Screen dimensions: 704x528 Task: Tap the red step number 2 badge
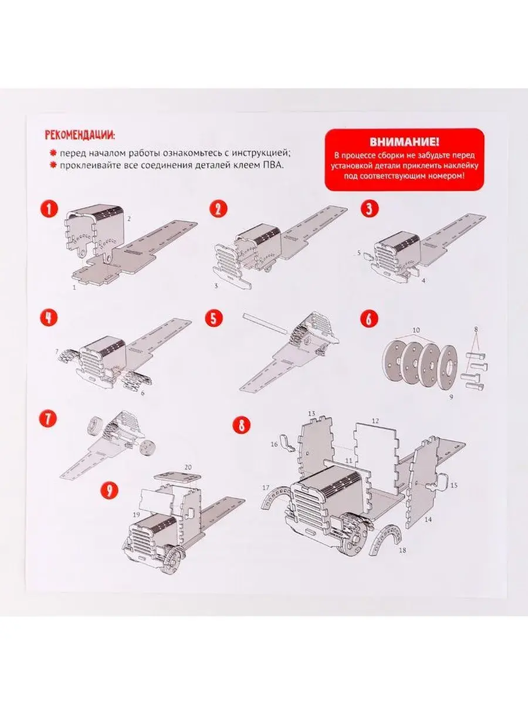[x=219, y=209]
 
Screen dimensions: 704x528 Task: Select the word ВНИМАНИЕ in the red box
[x=404, y=142]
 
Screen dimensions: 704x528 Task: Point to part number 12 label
[x=375, y=421]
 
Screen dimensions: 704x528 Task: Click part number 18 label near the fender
[x=402, y=550]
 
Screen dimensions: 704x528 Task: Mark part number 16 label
[x=274, y=445]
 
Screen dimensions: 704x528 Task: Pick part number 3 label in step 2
[x=216, y=286]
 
